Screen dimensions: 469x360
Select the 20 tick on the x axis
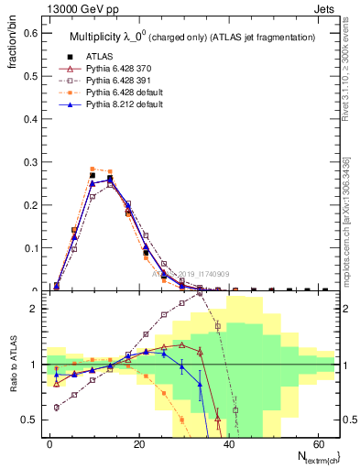[138, 443]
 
